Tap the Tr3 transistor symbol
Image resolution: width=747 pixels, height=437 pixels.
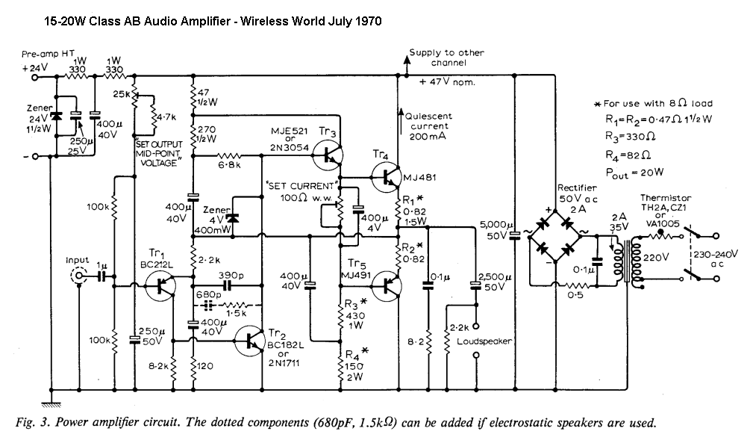click(x=327, y=155)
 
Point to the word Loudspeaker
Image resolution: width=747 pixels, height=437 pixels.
click(x=485, y=341)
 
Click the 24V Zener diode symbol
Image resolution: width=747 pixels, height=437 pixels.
click(x=56, y=117)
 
